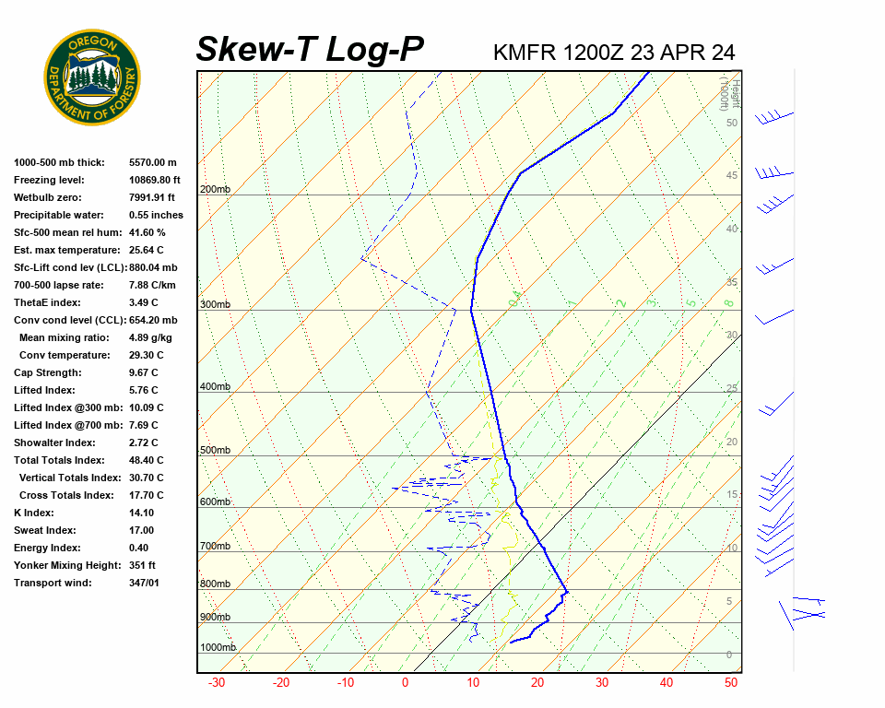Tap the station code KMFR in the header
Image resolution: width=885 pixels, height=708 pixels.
click(525, 52)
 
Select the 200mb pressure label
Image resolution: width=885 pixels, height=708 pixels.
click(215, 190)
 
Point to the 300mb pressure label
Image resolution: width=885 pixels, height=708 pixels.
click(215, 305)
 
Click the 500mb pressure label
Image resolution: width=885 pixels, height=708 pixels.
click(215, 451)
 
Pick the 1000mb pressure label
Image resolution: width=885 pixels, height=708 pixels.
click(218, 648)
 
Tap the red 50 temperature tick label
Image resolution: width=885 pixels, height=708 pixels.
click(731, 683)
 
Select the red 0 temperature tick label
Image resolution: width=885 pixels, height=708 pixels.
click(405, 683)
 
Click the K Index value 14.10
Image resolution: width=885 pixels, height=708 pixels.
click(142, 513)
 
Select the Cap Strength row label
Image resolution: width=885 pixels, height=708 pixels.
click(48, 372)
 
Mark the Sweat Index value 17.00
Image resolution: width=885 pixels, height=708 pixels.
click(142, 530)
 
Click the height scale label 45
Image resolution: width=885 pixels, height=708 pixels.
click(731, 176)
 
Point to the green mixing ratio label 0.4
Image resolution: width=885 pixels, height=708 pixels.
click(516, 298)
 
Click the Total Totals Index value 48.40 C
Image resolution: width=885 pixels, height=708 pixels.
click(146, 460)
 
